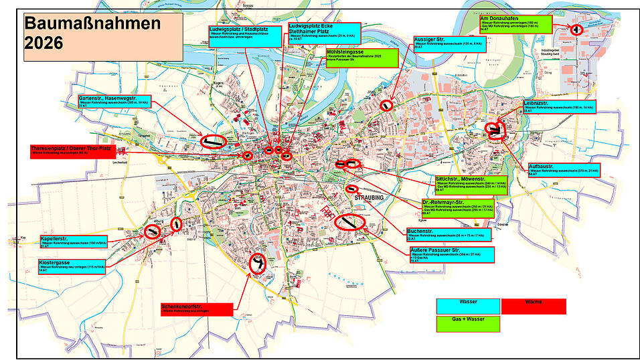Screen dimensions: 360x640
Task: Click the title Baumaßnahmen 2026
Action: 93,34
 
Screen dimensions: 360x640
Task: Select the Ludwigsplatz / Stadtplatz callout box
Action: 245,34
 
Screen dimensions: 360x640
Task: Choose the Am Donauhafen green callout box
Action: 515,24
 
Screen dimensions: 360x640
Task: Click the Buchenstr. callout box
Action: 448,234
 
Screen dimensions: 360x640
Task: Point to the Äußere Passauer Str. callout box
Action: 451,254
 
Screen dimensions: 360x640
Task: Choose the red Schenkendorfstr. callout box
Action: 196,309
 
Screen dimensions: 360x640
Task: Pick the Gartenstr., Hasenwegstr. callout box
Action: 114,102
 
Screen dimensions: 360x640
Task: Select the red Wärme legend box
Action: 534,306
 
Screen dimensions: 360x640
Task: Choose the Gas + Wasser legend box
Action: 469,324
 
